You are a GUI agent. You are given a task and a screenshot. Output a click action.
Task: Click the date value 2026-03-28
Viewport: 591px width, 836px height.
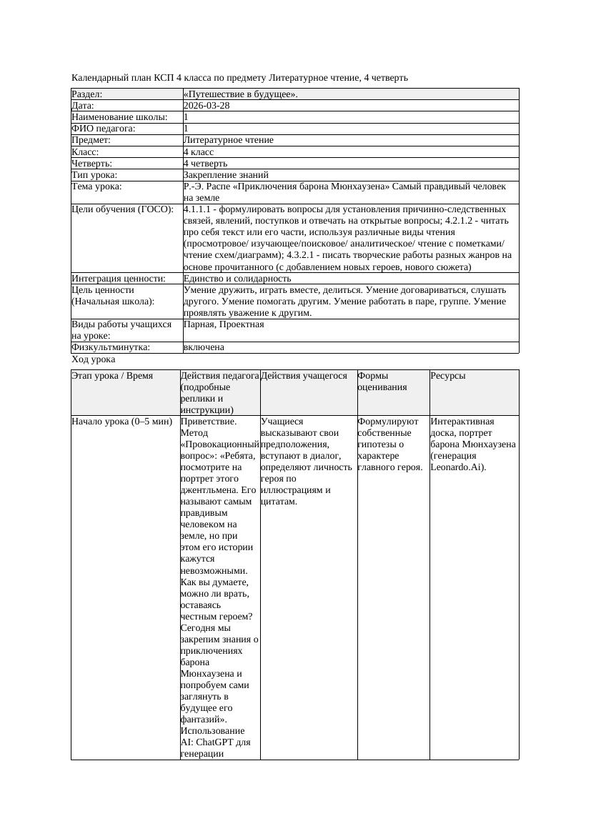pos(207,106)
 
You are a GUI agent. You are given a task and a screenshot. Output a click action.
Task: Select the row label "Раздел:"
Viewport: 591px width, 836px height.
pos(87,94)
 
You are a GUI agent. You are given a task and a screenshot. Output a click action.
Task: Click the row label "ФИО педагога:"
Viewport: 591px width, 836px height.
pos(104,129)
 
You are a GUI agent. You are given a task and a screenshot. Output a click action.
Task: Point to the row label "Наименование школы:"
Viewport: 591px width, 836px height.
pos(120,117)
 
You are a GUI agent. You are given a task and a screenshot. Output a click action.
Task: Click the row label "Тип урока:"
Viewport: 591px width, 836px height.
pos(94,175)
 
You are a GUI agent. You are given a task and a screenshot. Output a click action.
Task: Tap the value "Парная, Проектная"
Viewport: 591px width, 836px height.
pos(224,324)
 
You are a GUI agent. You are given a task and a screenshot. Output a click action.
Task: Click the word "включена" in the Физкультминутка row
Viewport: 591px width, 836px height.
pos(204,347)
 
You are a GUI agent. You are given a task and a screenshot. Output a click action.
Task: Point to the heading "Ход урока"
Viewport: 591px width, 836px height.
pos(94,360)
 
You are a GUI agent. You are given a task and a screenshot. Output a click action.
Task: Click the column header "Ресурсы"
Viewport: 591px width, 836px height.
pos(449,376)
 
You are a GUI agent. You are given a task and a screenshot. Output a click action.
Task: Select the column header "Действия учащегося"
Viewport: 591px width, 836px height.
pos(304,376)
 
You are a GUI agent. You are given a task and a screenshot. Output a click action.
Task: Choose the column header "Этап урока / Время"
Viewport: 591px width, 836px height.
pos(112,376)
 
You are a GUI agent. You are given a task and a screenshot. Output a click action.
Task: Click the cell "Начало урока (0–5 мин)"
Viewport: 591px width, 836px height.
pos(122,422)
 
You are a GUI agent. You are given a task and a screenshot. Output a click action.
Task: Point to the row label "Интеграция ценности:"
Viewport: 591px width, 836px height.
pos(119,279)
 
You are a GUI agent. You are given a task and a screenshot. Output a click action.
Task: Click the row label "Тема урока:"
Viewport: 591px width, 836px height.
pos(97,186)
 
